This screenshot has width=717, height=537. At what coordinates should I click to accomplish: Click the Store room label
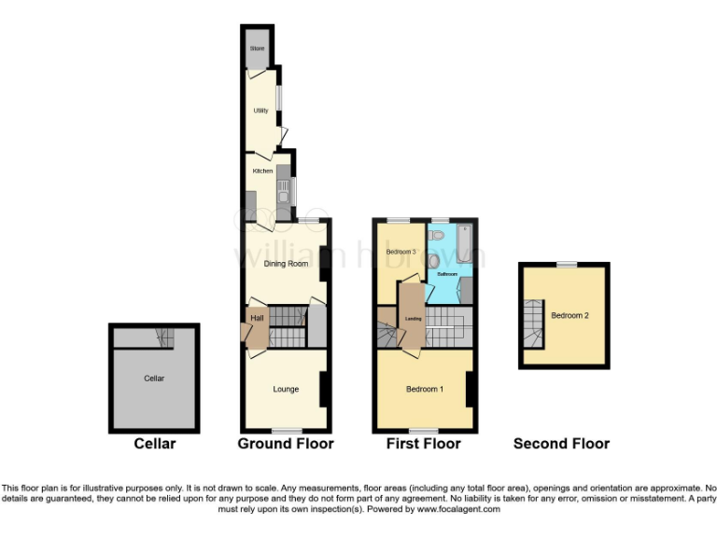coord(257,48)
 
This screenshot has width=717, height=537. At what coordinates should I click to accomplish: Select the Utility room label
coord(261,111)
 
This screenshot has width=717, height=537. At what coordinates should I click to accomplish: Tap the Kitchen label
coord(262,171)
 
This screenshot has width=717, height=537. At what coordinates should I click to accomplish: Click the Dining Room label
coord(286,264)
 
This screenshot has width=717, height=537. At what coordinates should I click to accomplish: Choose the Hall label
coord(256,319)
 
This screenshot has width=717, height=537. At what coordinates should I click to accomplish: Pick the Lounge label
coord(286,389)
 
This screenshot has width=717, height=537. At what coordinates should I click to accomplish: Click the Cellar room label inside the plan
coord(154,379)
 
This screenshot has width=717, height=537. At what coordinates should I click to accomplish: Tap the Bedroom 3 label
coord(401,253)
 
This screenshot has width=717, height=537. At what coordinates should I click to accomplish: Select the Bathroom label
coord(448,274)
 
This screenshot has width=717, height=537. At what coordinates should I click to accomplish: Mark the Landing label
coord(412,318)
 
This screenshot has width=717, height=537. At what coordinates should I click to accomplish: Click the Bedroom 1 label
coord(425,389)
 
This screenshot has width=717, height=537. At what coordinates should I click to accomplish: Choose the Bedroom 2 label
coord(569,316)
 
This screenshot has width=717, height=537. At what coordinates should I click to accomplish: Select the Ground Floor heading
coord(286,444)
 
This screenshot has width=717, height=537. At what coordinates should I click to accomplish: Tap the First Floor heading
coord(423,444)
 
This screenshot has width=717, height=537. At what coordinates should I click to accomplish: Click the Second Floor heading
coord(561,444)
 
